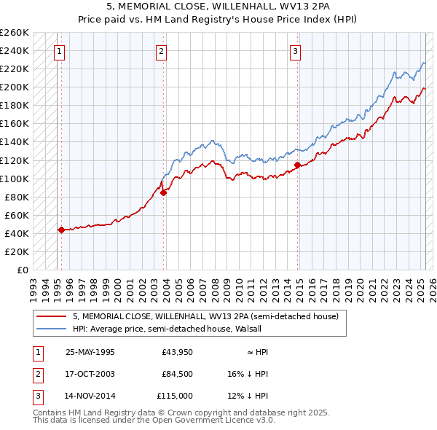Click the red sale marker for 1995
pos(61,230)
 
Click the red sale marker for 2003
pos(163,192)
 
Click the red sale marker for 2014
pos(297,165)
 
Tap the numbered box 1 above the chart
pos(58,51)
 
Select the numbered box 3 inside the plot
pos(295,51)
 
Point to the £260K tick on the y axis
pos(15,33)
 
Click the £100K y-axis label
pos(15,179)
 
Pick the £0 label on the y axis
pos(23,270)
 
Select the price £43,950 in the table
pos(177,352)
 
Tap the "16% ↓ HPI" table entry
pos(248,374)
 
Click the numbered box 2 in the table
pos(37,374)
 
